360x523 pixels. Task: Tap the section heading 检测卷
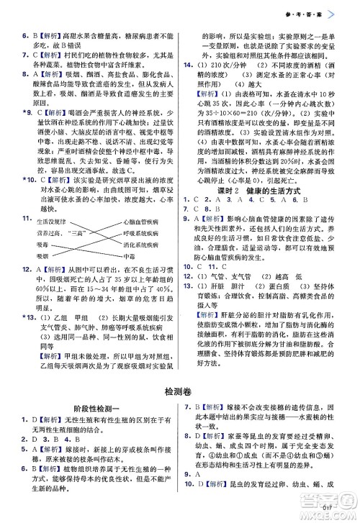(x=179, y=390)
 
